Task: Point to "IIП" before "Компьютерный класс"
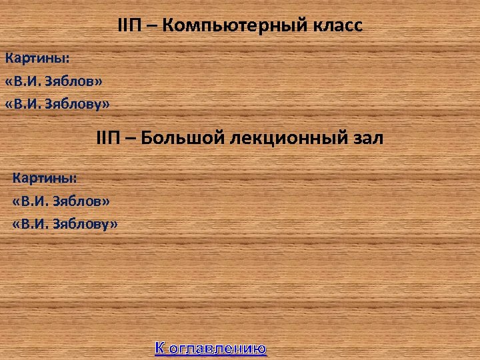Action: pyautogui.click(x=127, y=27)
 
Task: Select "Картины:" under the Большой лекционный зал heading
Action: pyautogui.click(x=45, y=178)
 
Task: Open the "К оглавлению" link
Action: pyautogui.click(x=211, y=348)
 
